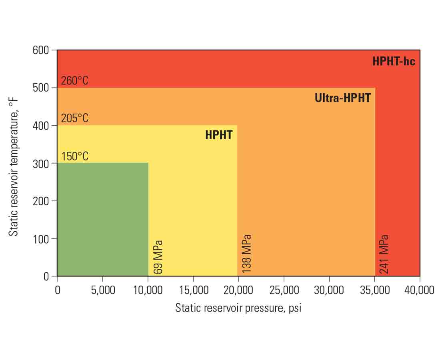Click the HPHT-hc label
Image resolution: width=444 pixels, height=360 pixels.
click(394, 62)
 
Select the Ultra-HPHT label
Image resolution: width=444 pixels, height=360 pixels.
click(343, 98)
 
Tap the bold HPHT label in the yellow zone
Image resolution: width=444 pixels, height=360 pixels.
click(219, 135)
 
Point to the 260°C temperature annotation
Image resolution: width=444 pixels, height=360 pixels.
click(75, 81)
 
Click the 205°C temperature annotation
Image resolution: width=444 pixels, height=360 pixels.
click(75, 118)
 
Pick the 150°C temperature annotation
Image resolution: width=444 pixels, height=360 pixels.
click(75, 156)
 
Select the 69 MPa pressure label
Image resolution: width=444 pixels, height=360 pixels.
click(158, 257)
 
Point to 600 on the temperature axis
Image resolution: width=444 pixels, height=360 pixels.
click(41, 50)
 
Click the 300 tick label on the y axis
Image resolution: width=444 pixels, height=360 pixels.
click(41, 164)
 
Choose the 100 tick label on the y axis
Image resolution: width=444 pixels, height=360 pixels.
click(41, 239)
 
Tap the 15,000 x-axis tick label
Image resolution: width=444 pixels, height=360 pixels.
click(193, 290)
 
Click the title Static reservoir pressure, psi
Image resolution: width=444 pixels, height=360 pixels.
click(238, 308)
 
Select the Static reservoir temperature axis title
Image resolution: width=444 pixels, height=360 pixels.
click(14, 163)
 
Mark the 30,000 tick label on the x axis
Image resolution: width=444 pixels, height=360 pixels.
click(329, 290)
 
